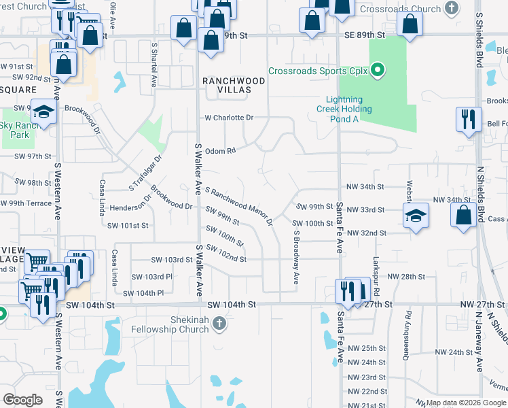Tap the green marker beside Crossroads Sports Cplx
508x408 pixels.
[379, 70]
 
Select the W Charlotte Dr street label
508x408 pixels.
[230, 118]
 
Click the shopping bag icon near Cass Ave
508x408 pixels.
[462, 215]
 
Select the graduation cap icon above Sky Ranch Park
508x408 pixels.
[44, 112]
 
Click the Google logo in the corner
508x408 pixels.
[22, 400]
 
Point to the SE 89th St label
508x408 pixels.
[365, 35]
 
